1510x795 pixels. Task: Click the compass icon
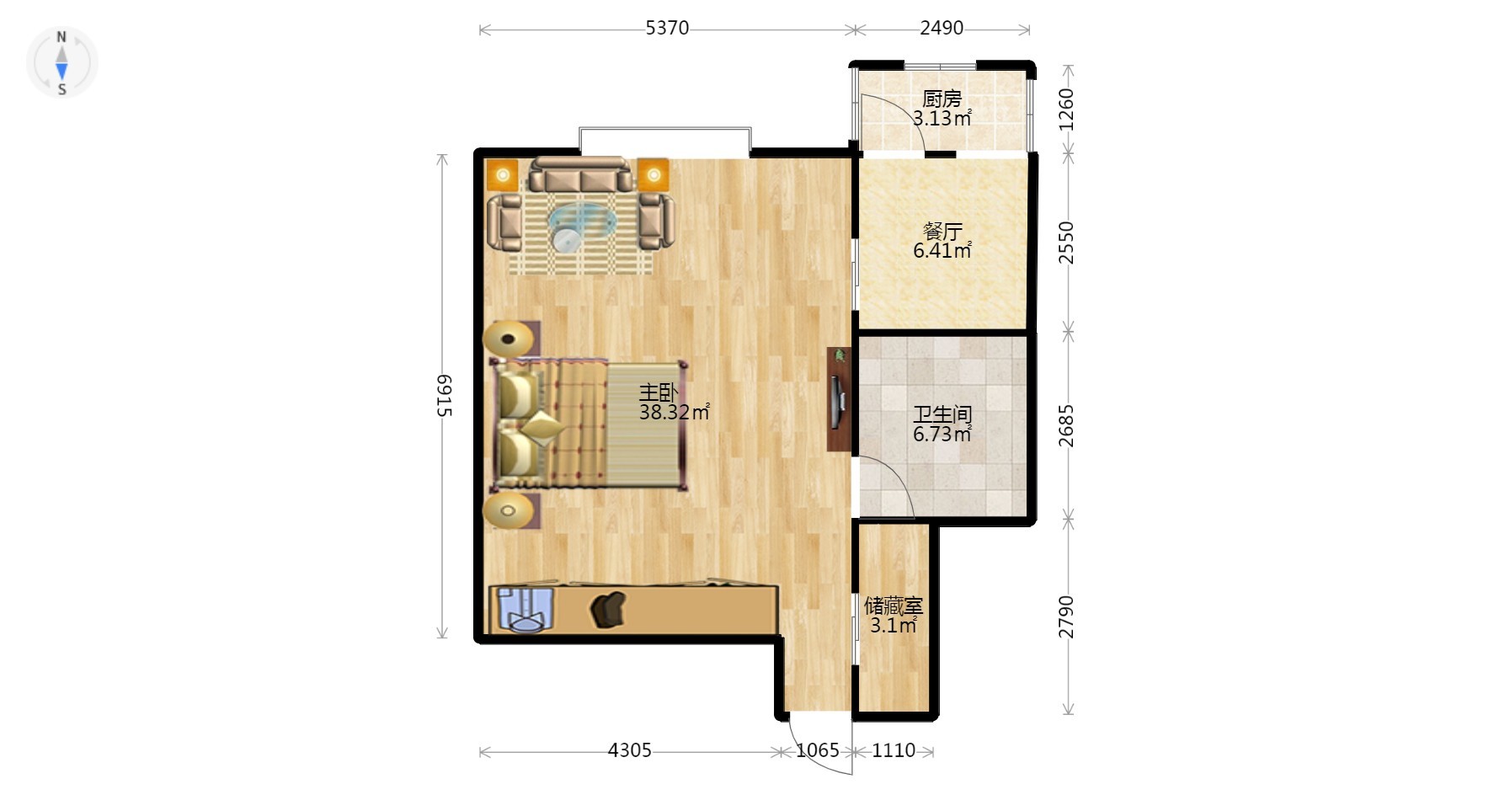(x=61, y=62)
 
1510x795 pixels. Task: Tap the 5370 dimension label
(x=667, y=28)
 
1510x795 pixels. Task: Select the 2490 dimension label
(x=941, y=28)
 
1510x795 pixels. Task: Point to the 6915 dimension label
(x=445, y=395)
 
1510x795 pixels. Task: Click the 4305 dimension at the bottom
(x=629, y=750)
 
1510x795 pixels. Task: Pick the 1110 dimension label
(x=893, y=750)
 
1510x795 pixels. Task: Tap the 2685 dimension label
(x=1066, y=425)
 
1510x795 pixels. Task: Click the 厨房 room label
(x=942, y=99)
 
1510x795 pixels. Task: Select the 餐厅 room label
(x=942, y=231)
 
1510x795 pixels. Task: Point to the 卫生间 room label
(x=942, y=414)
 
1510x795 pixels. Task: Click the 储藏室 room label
(x=894, y=606)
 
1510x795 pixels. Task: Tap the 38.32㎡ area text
(x=674, y=412)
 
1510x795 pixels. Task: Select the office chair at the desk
(x=609, y=609)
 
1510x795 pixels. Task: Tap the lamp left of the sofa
(x=503, y=174)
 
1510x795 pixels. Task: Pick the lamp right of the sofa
(x=653, y=174)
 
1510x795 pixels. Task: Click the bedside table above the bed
(x=510, y=339)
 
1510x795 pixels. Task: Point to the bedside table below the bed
(x=510, y=510)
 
